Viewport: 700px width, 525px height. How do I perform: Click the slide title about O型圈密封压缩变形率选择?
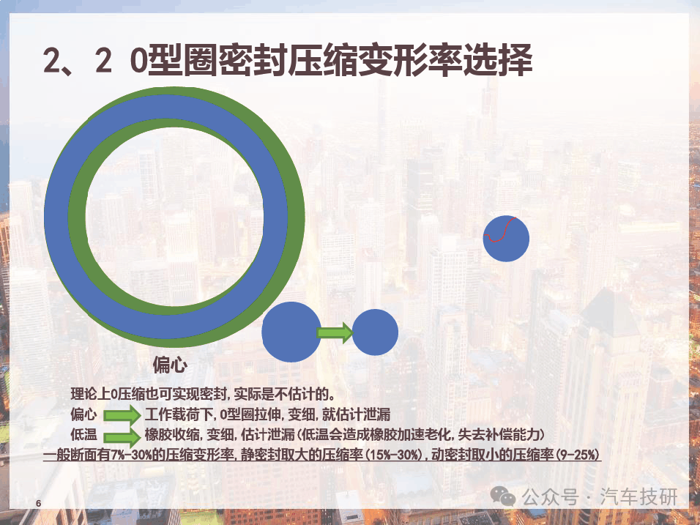[288, 59]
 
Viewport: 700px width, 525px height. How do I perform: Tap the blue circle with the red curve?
[506, 239]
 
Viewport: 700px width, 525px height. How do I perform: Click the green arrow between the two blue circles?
[335, 332]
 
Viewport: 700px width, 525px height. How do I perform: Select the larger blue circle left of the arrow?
[291, 332]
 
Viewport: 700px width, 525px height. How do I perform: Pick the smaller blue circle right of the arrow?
[375, 332]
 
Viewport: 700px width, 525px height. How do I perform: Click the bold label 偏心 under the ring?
[170, 365]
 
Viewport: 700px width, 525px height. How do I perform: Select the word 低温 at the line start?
[83, 434]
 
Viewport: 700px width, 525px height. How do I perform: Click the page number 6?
[38, 503]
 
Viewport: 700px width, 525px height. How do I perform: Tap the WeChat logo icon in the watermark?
[503, 496]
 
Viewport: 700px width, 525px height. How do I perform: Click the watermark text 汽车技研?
[638, 496]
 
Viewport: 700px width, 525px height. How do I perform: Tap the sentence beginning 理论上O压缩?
[203, 394]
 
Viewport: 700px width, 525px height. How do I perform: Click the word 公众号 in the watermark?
[550, 496]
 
